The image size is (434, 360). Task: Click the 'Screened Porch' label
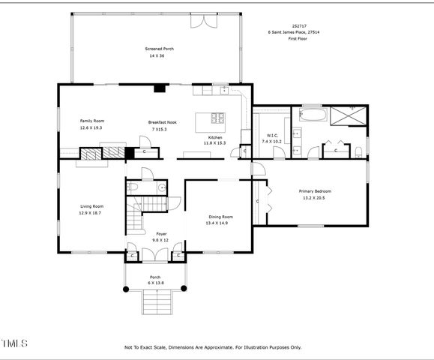click(x=159, y=49)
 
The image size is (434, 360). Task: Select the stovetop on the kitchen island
click(x=217, y=118)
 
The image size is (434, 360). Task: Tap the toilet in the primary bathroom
click(x=359, y=152)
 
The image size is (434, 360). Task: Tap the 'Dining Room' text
click(x=220, y=217)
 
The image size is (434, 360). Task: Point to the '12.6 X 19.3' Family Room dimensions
click(x=91, y=128)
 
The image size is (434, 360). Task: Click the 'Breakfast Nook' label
click(x=162, y=122)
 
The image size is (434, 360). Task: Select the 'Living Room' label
click(x=91, y=206)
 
